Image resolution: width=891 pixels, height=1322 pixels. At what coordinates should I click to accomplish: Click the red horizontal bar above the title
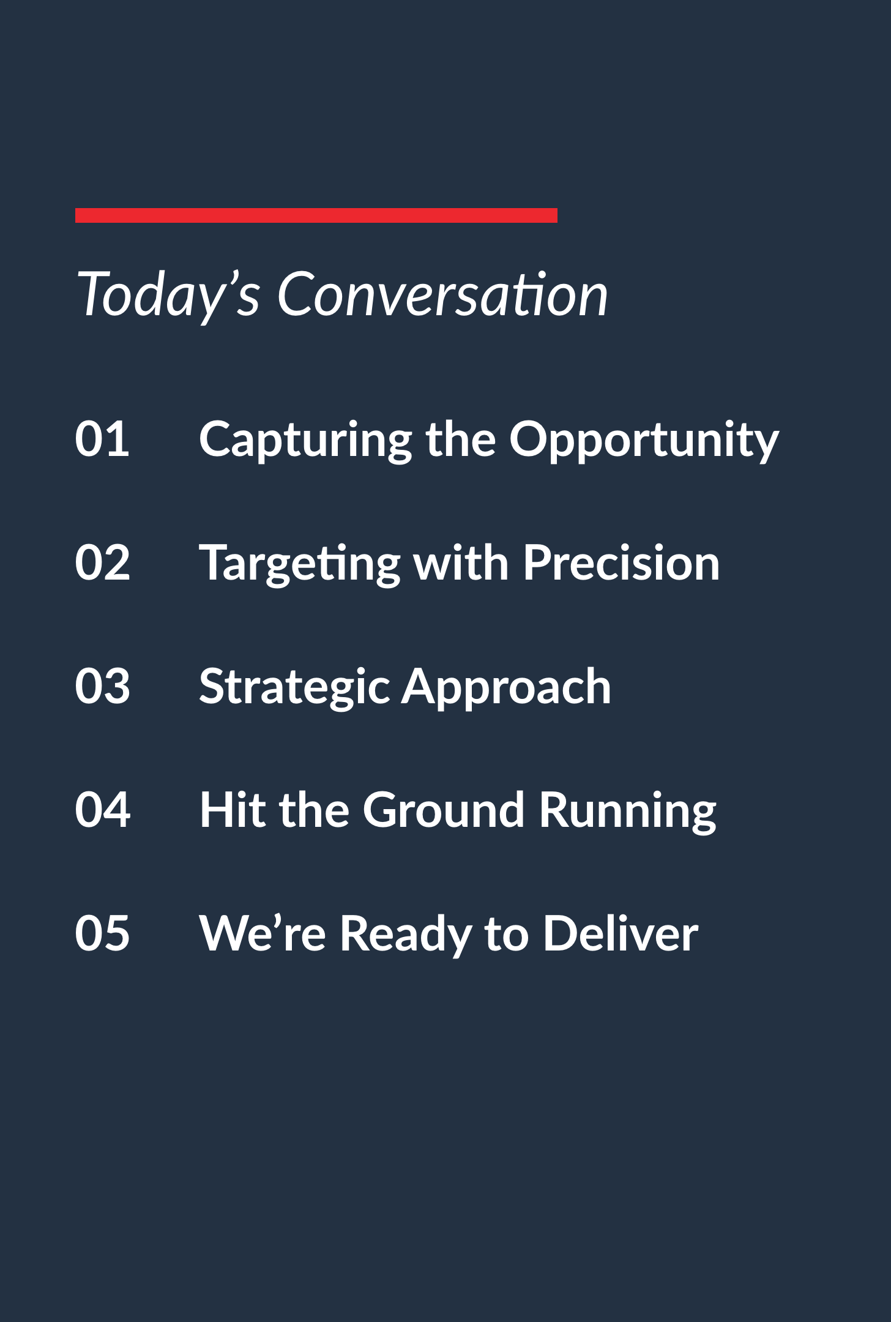pyautogui.click(x=316, y=215)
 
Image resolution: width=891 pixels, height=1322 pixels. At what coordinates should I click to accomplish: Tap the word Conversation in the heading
pyautogui.click(x=442, y=294)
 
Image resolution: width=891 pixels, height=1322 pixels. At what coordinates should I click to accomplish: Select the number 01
pyautogui.click(x=102, y=439)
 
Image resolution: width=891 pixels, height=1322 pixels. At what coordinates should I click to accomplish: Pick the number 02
pyautogui.click(x=102, y=562)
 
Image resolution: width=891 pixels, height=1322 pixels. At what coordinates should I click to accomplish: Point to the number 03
pyautogui.click(x=102, y=686)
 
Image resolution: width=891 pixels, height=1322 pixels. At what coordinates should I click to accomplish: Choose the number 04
pyautogui.click(x=102, y=810)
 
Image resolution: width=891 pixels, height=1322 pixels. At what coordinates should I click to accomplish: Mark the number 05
pyautogui.click(x=102, y=933)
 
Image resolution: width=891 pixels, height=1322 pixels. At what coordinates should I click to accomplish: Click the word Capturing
pyautogui.click(x=306, y=441)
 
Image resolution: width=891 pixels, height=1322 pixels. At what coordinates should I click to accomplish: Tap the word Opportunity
pyautogui.click(x=644, y=441)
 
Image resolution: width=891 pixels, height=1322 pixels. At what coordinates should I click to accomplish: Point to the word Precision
pyautogui.click(x=621, y=562)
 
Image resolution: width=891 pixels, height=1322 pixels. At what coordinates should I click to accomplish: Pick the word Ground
pyautogui.click(x=444, y=810)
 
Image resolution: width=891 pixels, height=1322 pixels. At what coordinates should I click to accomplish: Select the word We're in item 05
pyautogui.click(x=263, y=933)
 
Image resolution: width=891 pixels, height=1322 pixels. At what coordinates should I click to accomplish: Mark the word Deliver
pyautogui.click(x=621, y=933)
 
